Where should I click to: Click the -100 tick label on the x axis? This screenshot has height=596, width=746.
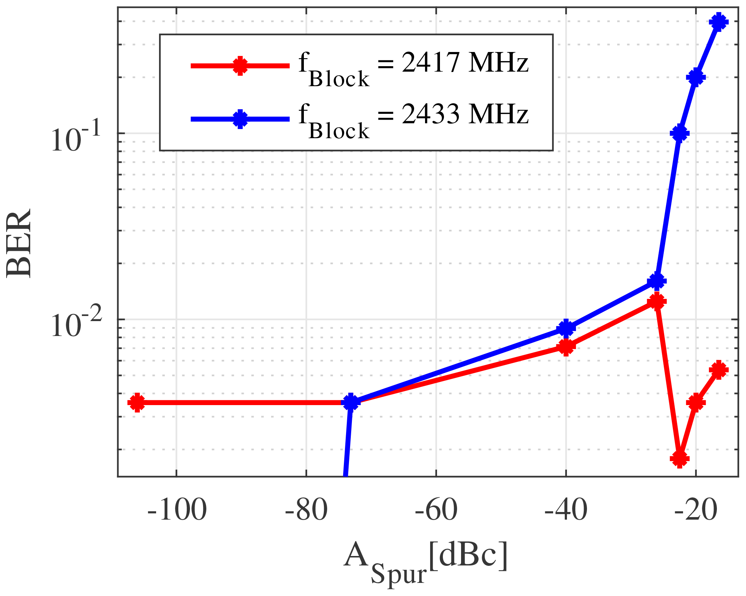(177, 511)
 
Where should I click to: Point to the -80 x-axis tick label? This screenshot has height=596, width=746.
(306, 511)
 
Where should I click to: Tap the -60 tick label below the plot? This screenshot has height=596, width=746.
(436, 511)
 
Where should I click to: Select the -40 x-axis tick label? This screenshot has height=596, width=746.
(566, 511)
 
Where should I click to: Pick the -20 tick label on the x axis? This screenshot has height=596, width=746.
(695, 511)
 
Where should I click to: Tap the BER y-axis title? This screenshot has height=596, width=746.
(19, 243)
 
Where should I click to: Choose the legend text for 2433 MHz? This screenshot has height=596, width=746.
(413, 120)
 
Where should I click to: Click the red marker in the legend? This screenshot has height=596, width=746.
(240, 66)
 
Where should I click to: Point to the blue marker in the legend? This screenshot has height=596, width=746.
(240, 118)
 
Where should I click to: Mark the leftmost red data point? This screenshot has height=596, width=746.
(137, 402)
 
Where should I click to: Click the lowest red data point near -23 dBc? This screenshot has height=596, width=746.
(679, 459)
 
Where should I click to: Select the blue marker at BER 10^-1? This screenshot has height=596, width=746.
(679, 133)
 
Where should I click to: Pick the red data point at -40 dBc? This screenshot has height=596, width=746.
(566, 347)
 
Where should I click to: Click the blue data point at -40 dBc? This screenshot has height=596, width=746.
(566, 328)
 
